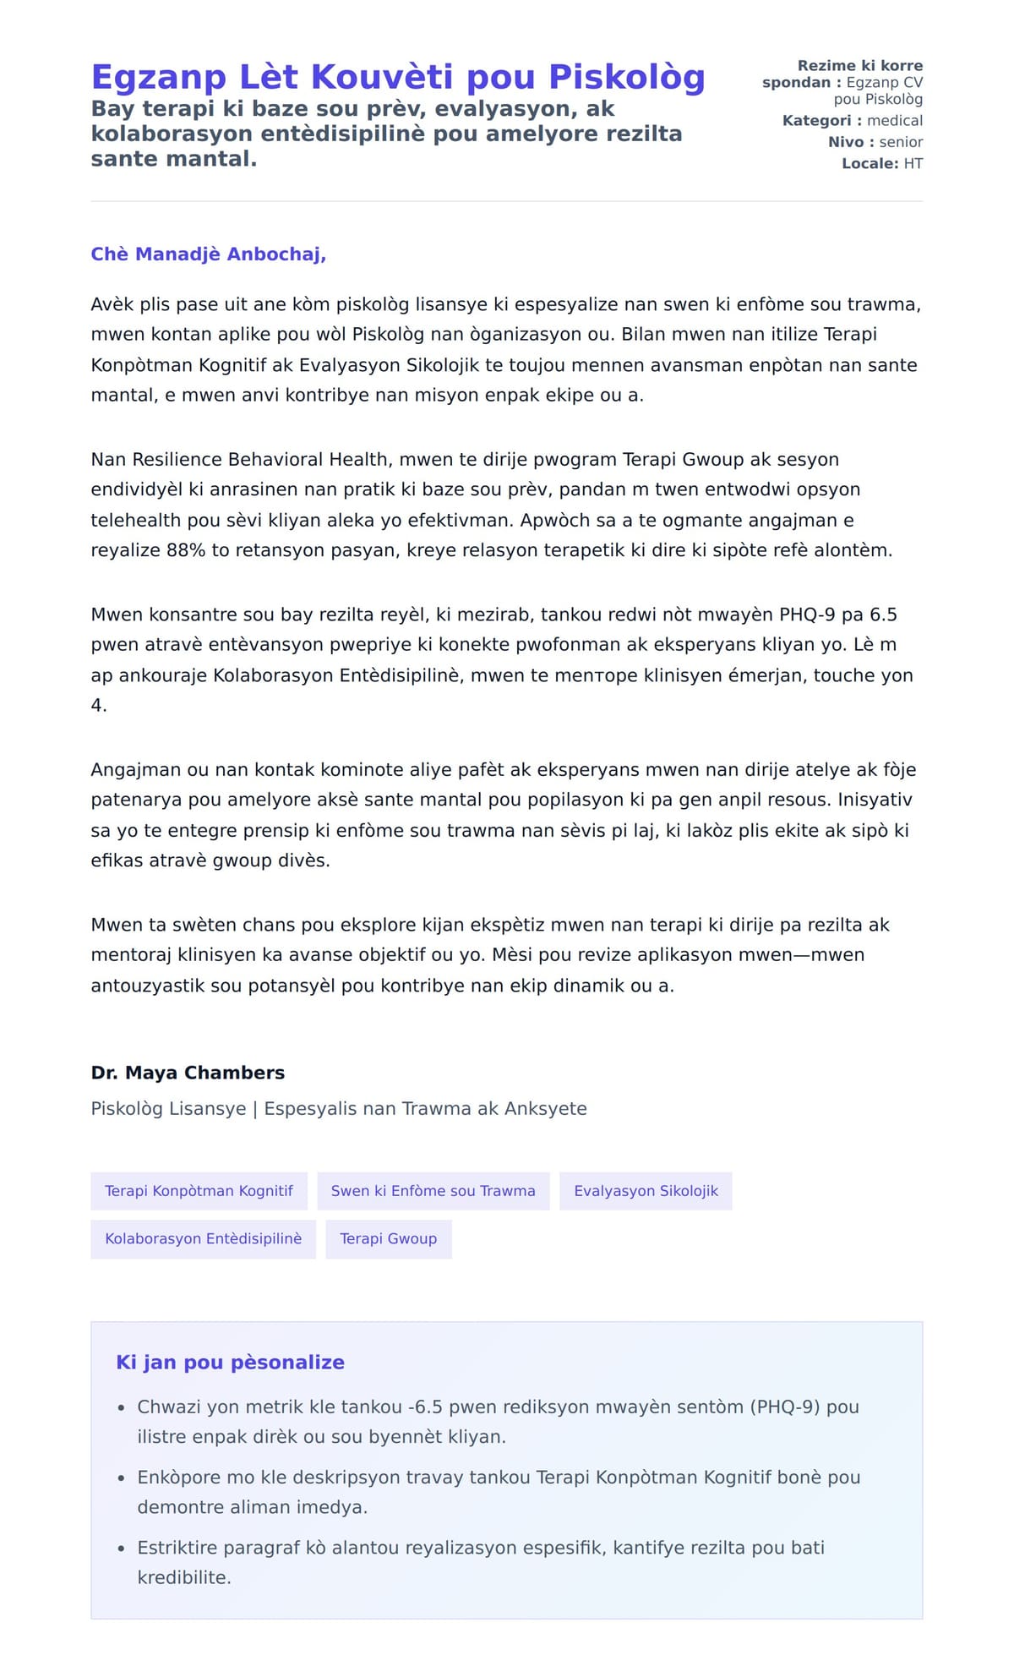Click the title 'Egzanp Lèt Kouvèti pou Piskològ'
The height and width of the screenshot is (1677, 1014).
pyautogui.click(x=397, y=77)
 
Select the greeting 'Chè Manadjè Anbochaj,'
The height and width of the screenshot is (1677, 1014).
pyautogui.click(x=208, y=254)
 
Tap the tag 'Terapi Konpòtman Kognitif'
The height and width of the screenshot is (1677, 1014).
pyautogui.click(x=199, y=1191)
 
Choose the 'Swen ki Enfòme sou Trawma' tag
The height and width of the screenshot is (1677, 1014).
pyautogui.click(x=433, y=1191)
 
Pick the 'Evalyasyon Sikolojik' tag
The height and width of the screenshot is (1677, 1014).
pyautogui.click(x=646, y=1191)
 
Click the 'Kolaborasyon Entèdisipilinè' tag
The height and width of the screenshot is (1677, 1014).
pyautogui.click(x=203, y=1239)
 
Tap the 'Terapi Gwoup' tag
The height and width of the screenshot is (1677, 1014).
pyautogui.click(x=388, y=1239)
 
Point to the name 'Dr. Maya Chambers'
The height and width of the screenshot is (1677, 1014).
pyautogui.click(x=188, y=1073)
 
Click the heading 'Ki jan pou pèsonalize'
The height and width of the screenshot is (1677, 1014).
pyautogui.click(x=230, y=1362)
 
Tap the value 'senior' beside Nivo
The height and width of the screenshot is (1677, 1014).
pyautogui.click(x=901, y=142)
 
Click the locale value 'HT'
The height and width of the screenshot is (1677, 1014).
pyautogui.click(x=913, y=163)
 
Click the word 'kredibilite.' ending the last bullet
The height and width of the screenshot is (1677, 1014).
pyautogui.click(x=184, y=1577)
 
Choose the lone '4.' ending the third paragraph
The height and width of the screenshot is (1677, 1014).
pyautogui.click(x=99, y=705)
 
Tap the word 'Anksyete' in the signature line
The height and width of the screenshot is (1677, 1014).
pyautogui.click(x=545, y=1109)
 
